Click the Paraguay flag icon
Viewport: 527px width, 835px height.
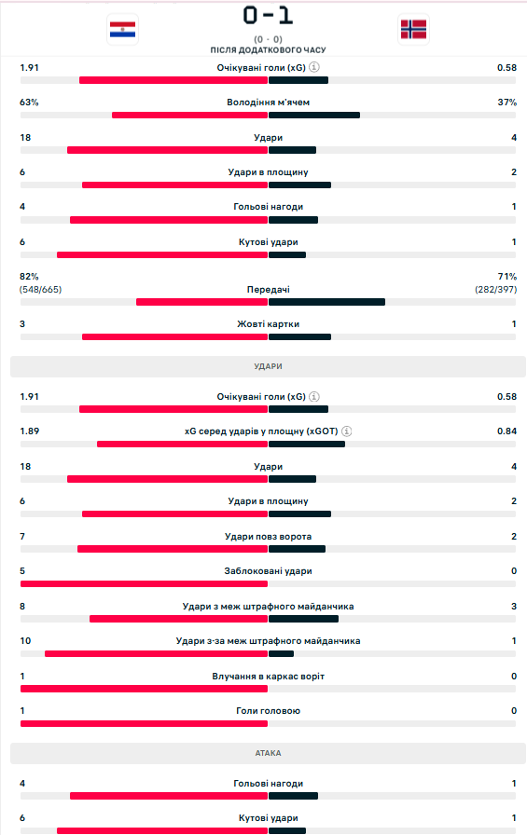122,30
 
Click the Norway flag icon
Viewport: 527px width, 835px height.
413,30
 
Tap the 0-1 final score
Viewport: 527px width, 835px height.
268,16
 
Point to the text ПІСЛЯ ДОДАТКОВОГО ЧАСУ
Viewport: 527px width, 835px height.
268,50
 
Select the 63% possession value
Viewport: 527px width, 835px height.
29,103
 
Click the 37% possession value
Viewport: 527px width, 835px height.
507,103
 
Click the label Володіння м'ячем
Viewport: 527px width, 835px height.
268,103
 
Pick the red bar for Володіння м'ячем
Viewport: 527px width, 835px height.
189,115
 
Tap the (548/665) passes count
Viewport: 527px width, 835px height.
40,290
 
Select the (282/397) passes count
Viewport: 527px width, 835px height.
496,290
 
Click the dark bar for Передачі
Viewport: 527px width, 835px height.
326,302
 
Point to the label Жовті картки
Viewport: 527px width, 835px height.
268,323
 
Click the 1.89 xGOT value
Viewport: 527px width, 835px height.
29,431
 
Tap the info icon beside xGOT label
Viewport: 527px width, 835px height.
346,431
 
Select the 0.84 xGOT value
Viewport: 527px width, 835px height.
507,431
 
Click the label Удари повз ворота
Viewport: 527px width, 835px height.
268,536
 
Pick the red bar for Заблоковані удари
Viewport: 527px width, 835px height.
144,583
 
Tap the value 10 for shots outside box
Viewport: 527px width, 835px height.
25,641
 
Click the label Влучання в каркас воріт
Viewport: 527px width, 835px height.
268,677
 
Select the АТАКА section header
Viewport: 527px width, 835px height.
268,753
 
